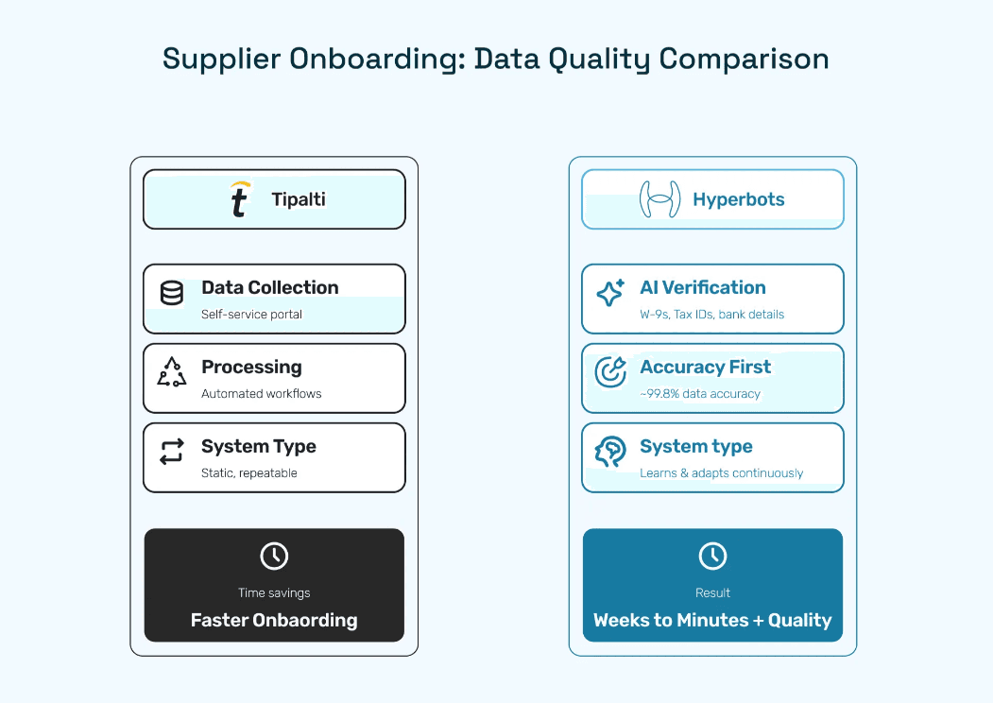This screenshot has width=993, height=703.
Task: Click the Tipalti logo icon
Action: (240, 199)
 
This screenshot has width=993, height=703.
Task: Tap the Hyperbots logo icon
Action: (660, 199)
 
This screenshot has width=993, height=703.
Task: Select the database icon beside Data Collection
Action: (172, 293)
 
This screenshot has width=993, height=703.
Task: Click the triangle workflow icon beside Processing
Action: (172, 372)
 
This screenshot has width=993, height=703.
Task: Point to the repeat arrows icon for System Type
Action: (172, 452)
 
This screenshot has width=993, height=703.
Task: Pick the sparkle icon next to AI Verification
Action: (610, 293)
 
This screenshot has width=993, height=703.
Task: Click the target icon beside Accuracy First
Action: (610, 372)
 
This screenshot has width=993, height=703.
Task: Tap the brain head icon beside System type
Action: (610, 452)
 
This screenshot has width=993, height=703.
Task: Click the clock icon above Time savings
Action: (274, 556)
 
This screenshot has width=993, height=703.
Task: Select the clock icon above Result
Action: (712, 556)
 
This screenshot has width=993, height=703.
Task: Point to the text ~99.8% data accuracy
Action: (700, 394)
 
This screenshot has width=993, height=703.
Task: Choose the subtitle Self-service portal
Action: (251, 315)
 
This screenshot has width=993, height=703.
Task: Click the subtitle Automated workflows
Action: (261, 394)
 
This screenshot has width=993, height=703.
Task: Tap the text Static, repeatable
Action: (248, 473)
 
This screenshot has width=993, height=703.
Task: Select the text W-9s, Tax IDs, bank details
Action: (711, 315)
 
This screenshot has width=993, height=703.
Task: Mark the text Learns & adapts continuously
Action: (721, 473)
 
